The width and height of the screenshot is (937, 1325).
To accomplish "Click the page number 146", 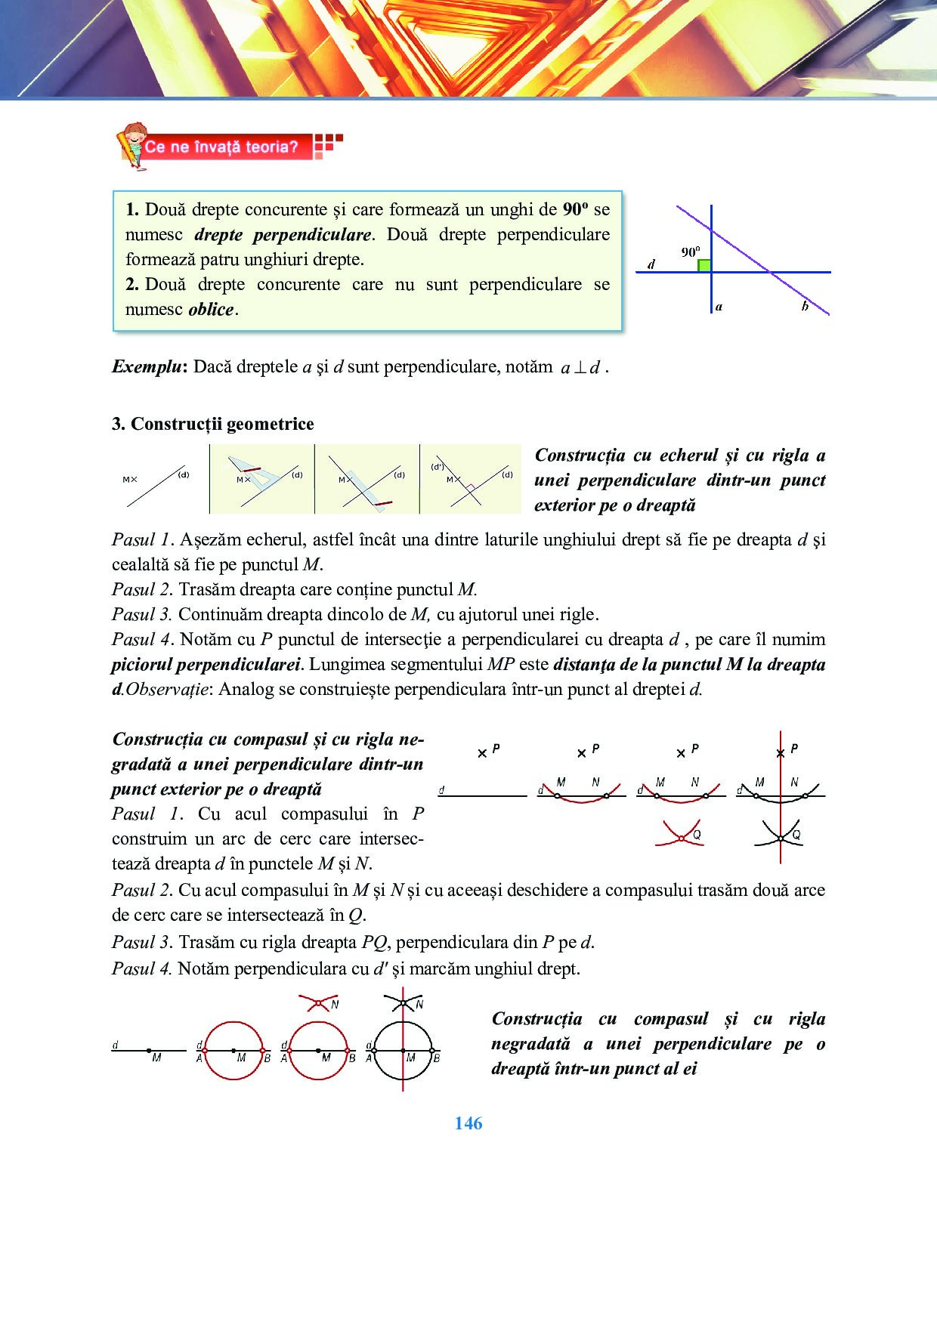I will (468, 1123).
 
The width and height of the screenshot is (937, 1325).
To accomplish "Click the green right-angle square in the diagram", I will (704, 265).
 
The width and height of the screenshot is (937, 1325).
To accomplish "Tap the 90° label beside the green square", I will (690, 252).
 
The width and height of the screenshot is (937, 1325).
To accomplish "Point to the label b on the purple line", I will (805, 306).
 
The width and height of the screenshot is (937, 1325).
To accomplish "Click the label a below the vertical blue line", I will (719, 307).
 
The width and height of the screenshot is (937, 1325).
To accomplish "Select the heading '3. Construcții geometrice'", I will (212, 424).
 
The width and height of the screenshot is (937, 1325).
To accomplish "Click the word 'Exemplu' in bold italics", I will (147, 367).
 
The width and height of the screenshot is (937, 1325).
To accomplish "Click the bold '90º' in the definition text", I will (575, 209).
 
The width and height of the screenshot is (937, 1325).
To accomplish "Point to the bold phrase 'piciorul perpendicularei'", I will (206, 665).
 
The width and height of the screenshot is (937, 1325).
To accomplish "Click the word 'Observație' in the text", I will (166, 690).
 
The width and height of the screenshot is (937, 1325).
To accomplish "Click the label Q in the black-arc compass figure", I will (796, 835).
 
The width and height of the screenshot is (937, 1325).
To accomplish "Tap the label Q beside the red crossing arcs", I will (697, 834).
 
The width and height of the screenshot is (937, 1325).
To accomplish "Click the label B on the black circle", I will (436, 1058).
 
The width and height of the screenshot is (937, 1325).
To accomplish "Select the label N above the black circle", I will (419, 1004).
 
